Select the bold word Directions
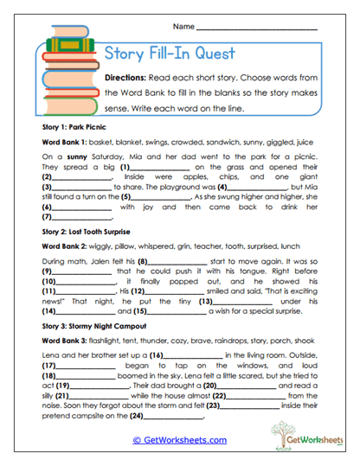coord(127,77)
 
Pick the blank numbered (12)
coord(171,291)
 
